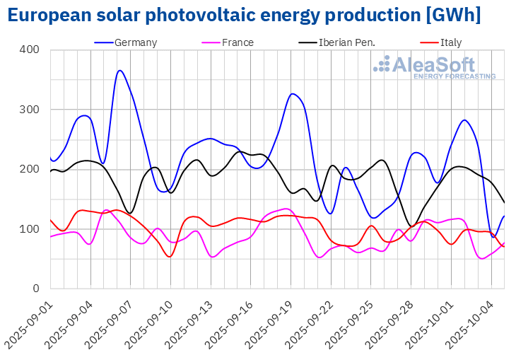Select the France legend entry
click(x=238, y=42)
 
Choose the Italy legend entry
click(x=450, y=42)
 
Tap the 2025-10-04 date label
click(x=473, y=323)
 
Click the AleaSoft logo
click(x=435, y=67)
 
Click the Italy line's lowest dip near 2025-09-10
click(x=169, y=256)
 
